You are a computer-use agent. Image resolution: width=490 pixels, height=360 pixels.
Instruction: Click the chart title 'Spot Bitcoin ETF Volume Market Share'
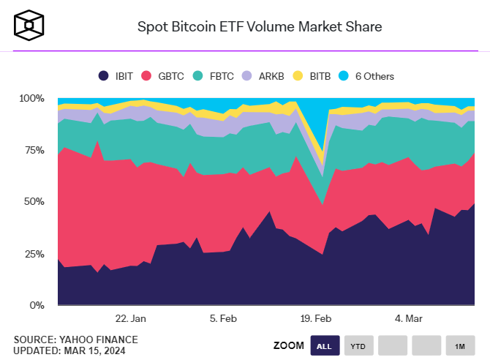point(260,27)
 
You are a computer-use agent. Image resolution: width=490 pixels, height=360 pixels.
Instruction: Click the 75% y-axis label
point(34,150)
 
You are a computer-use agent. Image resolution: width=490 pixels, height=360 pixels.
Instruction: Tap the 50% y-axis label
point(34,201)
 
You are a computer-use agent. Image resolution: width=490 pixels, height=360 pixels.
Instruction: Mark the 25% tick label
point(34,253)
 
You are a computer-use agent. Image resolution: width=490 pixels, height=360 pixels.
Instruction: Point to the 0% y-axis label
point(37,305)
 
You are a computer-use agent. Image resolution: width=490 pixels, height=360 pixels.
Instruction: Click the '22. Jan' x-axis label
point(131,319)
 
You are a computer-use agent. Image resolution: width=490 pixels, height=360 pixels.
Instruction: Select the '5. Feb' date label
point(223,319)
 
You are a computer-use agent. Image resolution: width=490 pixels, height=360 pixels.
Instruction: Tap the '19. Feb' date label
point(316,319)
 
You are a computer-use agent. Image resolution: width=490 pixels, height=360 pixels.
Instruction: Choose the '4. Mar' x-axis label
point(408,319)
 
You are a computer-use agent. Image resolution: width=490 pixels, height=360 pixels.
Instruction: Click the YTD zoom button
point(358,345)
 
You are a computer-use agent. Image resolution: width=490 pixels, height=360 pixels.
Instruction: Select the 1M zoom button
point(459,345)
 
